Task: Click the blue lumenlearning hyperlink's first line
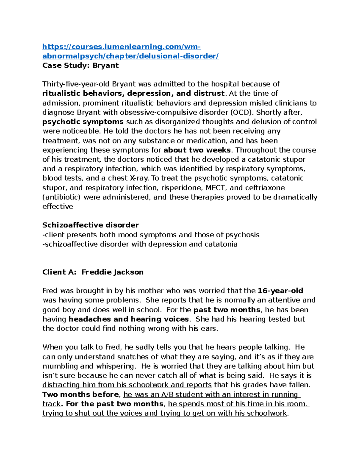click(121, 47)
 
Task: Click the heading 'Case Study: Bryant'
click(80, 65)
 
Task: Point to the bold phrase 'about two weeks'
click(197, 150)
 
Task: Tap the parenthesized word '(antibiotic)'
click(62, 197)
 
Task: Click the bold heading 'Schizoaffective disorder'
click(91, 225)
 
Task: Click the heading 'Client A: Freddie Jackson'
click(93, 272)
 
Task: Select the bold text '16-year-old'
click(280, 291)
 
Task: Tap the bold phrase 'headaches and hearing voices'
click(129, 319)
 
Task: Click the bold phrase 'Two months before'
click(81, 394)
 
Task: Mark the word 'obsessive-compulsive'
click(156, 112)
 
